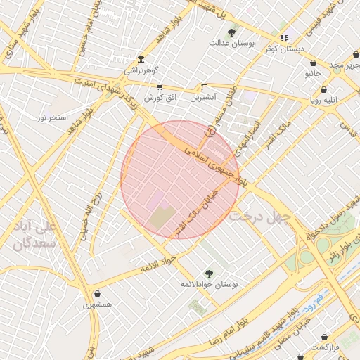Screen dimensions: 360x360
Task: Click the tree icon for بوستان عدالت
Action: [232, 32]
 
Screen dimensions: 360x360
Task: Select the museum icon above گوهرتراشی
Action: [141, 59]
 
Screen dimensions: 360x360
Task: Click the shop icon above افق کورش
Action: [160, 86]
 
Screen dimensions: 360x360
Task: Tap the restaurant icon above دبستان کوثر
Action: [284, 38]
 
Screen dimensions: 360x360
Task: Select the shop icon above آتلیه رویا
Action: [323, 90]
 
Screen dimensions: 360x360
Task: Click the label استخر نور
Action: [53, 117]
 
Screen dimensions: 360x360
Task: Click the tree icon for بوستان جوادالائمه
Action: [208, 273]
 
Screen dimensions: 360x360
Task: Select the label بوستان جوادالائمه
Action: [210, 284]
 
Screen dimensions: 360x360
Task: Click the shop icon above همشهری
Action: [96, 294]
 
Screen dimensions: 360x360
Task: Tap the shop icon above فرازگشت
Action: [324, 337]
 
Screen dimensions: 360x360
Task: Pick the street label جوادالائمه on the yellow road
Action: [157, 265]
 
